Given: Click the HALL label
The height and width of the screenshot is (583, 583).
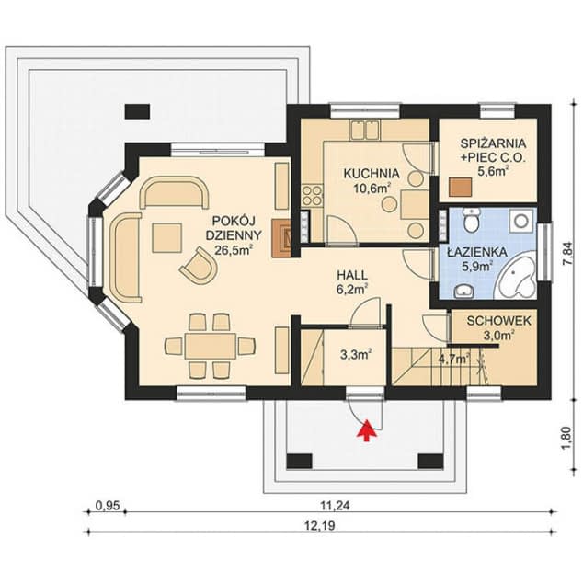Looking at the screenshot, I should (349, 274).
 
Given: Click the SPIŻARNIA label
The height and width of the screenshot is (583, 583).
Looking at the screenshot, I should (494, 143).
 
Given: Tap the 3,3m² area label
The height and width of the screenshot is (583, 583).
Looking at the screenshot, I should (355, 353).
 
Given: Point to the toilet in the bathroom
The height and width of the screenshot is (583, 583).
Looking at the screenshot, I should (473, 222).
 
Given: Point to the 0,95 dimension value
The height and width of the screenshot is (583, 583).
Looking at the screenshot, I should (109, 505).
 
